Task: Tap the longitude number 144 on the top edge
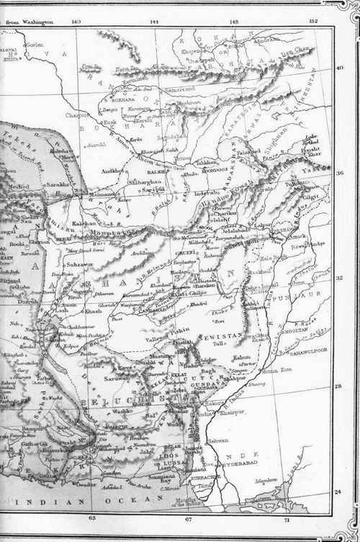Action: (153, 22)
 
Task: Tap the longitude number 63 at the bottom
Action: (91, 518)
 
